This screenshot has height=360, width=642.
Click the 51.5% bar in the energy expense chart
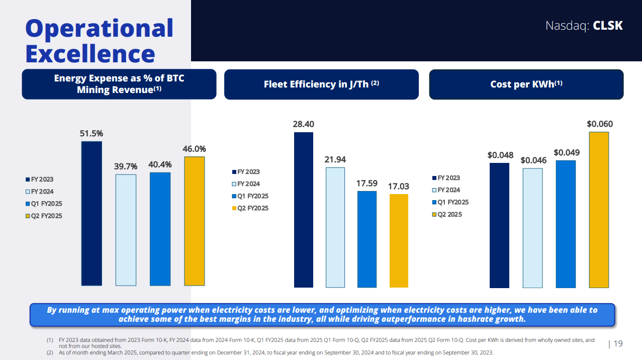(91, 213)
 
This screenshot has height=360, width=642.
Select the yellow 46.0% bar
(194, 221)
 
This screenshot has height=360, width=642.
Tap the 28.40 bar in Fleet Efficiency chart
(303, 210)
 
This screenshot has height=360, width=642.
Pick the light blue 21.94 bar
(335, 227)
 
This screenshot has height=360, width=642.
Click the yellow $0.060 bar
(598, 210)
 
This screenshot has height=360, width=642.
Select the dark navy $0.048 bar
(499, 225)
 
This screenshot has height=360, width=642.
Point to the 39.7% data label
(126, 166)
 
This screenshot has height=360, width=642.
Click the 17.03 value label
(399, 187)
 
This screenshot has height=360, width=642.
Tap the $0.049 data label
(567, 152)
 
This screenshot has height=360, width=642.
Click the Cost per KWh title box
(526, 84)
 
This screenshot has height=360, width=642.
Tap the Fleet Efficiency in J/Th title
(321, 84)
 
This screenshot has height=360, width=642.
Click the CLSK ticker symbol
(608, 26)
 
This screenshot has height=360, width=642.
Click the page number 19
(618, 344)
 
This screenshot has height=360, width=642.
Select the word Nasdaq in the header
(567, 26)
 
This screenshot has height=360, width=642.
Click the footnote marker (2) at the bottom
(50, 352)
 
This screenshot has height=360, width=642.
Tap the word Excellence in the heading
(90, 54)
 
